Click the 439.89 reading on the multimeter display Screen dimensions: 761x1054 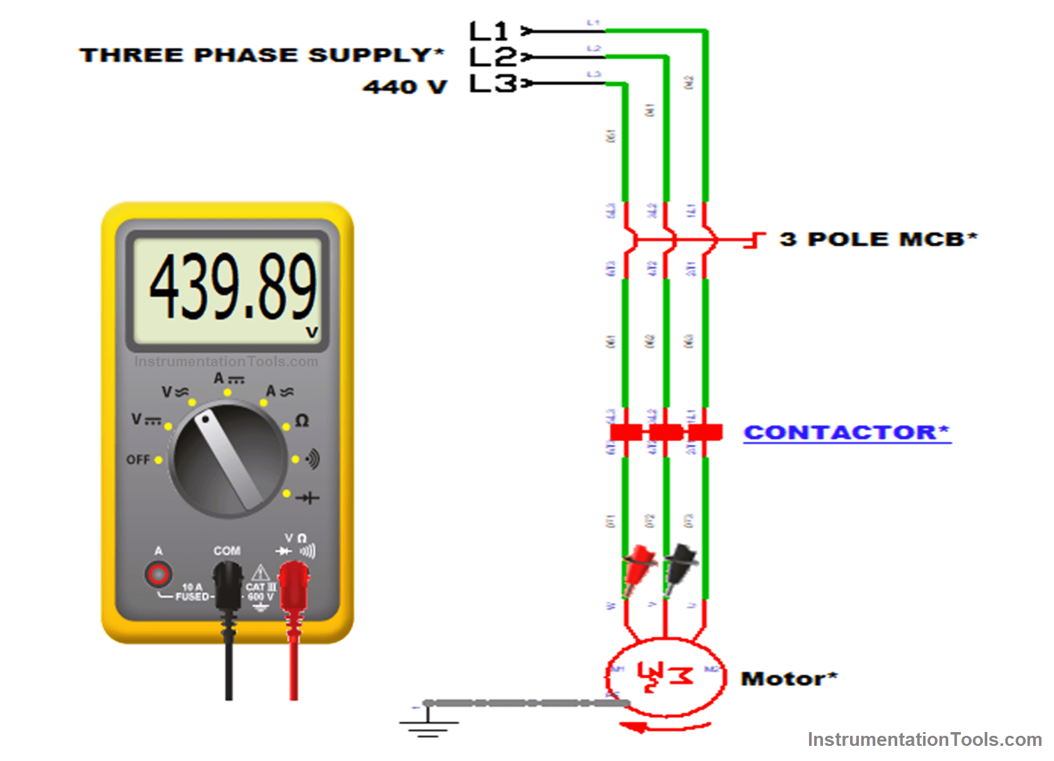[x=232, y=286]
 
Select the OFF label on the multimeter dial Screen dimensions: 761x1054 [x=138, y=459]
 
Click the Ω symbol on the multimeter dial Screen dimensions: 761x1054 [x=302, y=420]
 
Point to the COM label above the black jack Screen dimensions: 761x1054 [x=227, y=551]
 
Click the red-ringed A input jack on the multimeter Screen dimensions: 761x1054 [x=158, y=574]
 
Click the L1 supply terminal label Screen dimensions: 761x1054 [x=489, y=31]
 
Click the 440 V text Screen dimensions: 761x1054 [x=405, y=86]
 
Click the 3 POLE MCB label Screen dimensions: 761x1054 [x=878, y=239]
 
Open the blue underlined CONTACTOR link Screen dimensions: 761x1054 [x=846, y=432]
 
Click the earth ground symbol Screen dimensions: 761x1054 [x=428, y=724]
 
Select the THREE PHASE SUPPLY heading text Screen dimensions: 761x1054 [x=261, y=55]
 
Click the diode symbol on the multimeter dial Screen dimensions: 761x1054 [x=308, y=498]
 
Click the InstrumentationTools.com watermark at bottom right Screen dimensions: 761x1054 [x=924, y=740]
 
